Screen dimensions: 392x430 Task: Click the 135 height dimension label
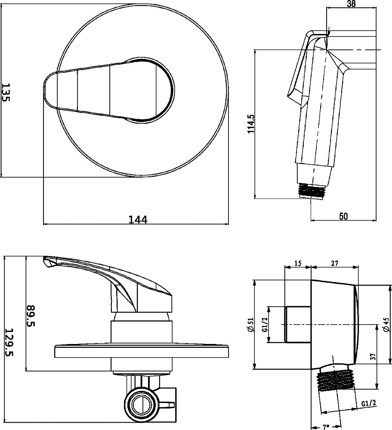(6, 92)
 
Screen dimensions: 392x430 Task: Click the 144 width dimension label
(138, 219)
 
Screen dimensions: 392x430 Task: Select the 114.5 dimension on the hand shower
(251, 124)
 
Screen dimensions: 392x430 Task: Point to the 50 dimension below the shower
(343, 216)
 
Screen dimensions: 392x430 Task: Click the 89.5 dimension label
(31, 316)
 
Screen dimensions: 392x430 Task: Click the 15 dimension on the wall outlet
(298, 263)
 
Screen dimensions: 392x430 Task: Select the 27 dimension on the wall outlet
(334, 263)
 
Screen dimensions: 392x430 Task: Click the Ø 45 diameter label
(386, 324)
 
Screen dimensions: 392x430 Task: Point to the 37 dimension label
(373, 356)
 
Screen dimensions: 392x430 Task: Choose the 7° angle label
(326, 427)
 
